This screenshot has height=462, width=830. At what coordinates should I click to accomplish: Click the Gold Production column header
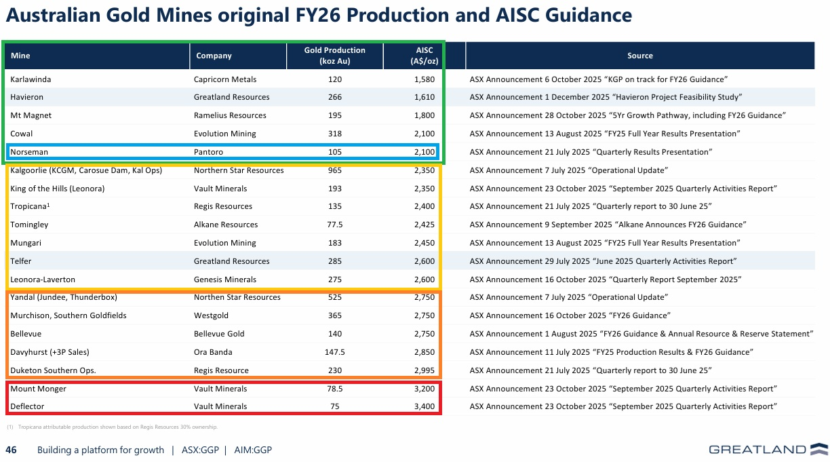(x=334, y=56)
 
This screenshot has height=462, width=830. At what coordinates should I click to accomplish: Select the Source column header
(x=640, y=56)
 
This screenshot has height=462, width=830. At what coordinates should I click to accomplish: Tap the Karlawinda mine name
(x=31, y=79)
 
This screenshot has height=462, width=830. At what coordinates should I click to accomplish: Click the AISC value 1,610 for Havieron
(x=424, y=97)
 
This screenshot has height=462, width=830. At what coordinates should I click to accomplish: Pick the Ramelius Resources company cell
(x=230, y=115)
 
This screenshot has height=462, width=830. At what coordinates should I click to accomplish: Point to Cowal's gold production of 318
(x=334, y=134)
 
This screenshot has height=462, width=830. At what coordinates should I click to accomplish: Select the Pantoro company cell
(x=208, y=152)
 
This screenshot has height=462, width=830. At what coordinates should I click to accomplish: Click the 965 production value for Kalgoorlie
(x=334, y=170)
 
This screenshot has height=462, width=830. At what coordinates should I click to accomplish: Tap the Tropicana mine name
(x=30, y=206)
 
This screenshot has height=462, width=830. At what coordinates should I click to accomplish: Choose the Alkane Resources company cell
(x=226, y=225)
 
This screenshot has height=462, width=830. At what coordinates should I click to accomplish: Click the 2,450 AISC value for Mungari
(x=424, y=243)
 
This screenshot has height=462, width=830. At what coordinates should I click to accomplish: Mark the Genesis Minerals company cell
(x=225, y=280)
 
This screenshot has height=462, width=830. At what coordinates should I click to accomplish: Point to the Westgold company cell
(x=211, y=315)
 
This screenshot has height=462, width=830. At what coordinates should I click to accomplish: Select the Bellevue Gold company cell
(x=219, y=334)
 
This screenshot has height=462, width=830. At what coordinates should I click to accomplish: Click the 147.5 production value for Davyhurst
(x=334, y=352)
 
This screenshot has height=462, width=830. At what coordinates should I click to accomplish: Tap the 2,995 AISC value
(x=424, y=370)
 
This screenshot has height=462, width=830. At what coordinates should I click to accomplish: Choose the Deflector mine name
(x=27, y=406)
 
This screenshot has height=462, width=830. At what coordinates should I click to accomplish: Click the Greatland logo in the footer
(x=768, y=449)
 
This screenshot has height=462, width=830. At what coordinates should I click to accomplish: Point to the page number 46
(x=11, y=450)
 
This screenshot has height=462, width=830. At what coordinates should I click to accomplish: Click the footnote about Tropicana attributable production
(x=112, y=427)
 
